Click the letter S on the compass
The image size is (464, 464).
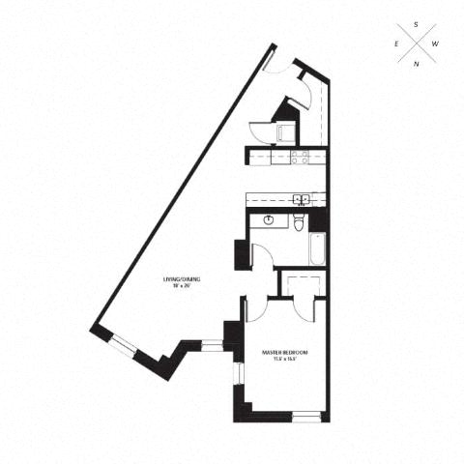point(417,24)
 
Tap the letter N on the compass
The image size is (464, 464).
point(417,64)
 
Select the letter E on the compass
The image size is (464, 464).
point(396,44)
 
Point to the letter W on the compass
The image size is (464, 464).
point(437,44)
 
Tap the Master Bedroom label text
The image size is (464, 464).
point(285,352)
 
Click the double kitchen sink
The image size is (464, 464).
point(302,200)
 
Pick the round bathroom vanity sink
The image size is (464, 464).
point(269,221)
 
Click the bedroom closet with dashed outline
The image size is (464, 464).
point(301,286)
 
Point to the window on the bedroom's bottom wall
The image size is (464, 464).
point(305,418)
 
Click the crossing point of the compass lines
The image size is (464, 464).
point(417,44)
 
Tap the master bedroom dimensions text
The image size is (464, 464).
point(285,360)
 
